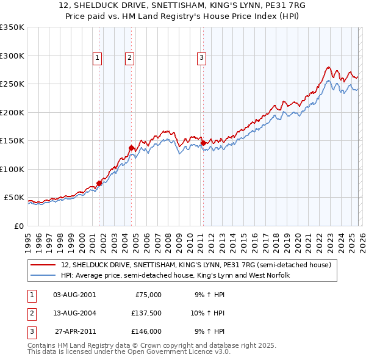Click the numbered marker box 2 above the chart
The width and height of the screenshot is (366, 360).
tap(130, 58)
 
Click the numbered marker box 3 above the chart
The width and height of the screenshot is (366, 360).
tap(201, 58)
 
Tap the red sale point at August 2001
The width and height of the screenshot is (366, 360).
tap(99, 182)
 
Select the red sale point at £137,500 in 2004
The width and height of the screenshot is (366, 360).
tap(131, 148)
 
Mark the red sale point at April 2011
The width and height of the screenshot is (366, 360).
tap(203, 143)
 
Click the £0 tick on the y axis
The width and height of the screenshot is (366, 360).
tap(19, 226)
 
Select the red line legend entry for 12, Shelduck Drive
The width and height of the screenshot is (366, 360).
tap(196, 265)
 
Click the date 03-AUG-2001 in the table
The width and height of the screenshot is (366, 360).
tap(74, 295)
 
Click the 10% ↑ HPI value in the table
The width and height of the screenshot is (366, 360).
tap(207, 313)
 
